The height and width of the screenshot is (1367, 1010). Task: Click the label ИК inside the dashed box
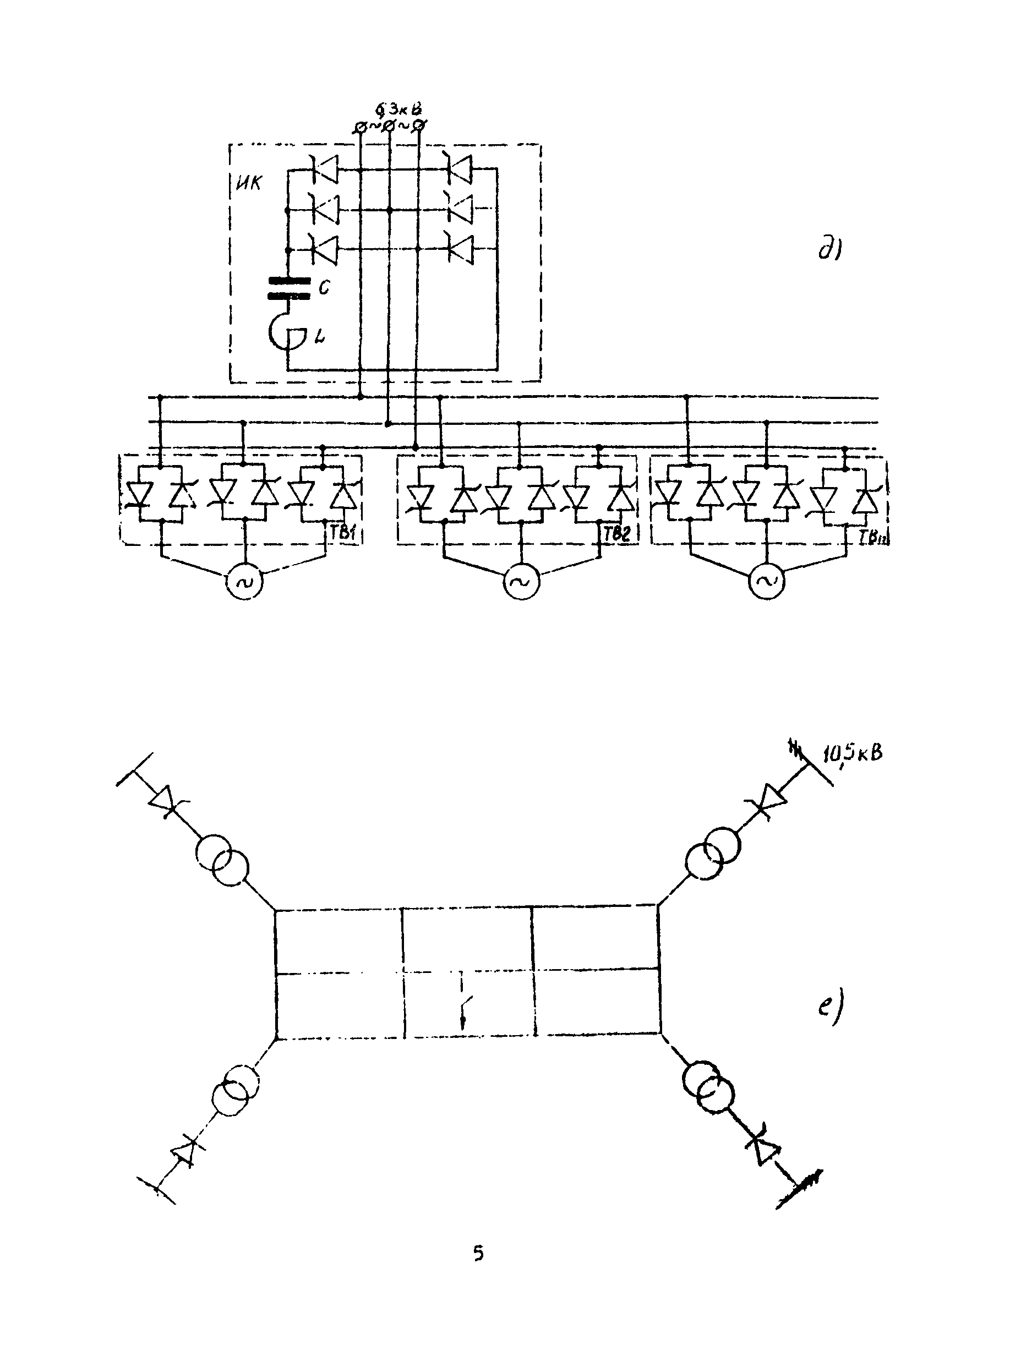[248, 183]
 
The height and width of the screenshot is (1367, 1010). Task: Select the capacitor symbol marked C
[290, 288]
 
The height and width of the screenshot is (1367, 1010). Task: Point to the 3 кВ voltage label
[399, 111]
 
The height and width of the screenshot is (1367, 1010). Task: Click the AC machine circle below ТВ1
[244, 581]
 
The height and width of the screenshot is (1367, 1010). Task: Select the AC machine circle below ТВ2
[521, 581]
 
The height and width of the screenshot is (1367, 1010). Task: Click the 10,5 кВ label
[851, 753]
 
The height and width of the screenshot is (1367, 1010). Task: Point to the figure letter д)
[830, 249]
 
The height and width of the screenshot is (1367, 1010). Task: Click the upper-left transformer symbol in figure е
[222, 860]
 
